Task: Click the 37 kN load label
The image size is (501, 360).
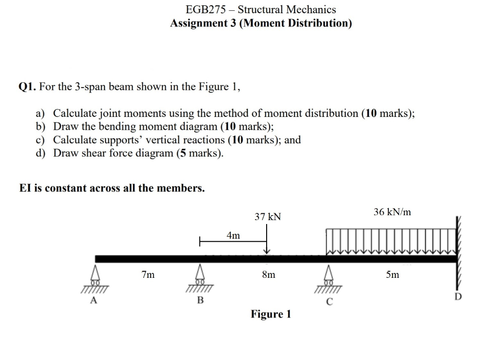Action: tap(268, 216)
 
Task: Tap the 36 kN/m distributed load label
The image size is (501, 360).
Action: tap(392, 212)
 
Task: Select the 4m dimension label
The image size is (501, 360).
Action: tap(233, 236)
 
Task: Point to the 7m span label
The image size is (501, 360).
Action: tap(147, 275)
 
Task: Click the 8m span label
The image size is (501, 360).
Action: tap(269, 275)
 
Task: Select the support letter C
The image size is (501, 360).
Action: tap(330, 302)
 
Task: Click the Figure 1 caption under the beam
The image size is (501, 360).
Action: tap(271, 314)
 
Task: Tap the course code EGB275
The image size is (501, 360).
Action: tap(208, 9)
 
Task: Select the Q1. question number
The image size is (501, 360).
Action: tap(28, 87)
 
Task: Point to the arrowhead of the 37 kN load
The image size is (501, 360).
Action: tap(267, 252)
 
